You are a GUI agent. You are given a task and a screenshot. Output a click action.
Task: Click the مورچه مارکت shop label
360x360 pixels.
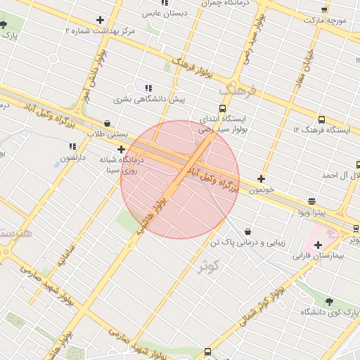point(324,21)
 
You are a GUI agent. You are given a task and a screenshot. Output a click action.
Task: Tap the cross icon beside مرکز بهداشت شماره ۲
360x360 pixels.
point(101,20)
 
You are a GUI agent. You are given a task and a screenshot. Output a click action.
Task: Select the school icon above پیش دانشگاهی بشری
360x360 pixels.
point(148,88)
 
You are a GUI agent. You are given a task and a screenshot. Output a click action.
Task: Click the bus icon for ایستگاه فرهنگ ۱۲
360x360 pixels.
point(321,120)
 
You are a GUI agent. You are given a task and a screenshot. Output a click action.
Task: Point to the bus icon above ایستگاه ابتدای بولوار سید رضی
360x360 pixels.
point(223,108)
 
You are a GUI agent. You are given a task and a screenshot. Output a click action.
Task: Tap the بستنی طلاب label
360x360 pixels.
point(108,133)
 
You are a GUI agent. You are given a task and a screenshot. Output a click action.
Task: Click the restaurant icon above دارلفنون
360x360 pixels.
point(72,146)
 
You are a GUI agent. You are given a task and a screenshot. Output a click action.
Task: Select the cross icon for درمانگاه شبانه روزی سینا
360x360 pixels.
point(122,149)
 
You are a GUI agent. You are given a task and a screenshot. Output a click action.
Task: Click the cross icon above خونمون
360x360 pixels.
point(261,179)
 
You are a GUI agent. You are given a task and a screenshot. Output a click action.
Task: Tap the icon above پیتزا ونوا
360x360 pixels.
point(311,201)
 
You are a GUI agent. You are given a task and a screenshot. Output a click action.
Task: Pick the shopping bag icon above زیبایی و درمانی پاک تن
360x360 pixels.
point(248,231)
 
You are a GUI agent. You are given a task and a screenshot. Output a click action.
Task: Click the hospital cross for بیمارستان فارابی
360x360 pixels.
point(319,245)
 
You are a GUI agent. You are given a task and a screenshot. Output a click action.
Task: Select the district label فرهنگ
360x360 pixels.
point(234,91)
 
